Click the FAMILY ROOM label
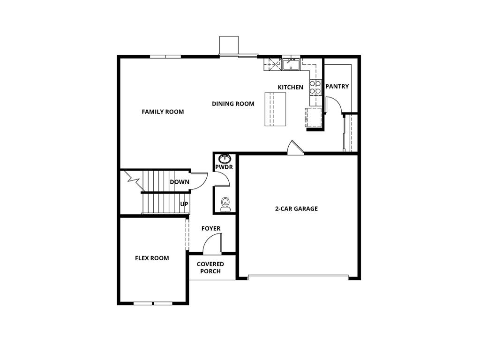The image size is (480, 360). tap(163, 112)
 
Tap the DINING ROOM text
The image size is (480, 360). tap(233, 104)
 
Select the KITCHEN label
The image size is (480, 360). tap(290, 87)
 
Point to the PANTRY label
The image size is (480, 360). tap(337, 86)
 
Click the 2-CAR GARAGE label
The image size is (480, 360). tap(296, 209)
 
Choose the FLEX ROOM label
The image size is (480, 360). tap(152, 258)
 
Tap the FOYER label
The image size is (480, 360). tap(211, 228)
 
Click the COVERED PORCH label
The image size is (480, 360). tap(210, 268)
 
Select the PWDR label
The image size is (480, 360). tap(224, 167)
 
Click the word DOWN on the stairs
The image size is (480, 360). tap(180, 182)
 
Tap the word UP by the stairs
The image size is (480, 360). tap(184, 204)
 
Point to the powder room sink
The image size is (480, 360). tap(225, 158)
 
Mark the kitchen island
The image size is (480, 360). tap(275, 109)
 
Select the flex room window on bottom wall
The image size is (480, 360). tap(153, 303)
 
